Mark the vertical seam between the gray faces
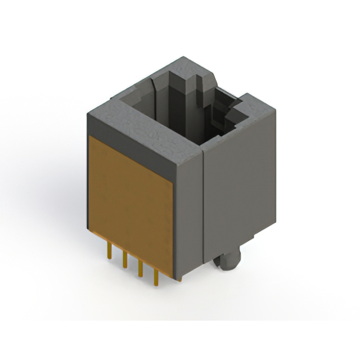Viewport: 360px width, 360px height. coord(201,214)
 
